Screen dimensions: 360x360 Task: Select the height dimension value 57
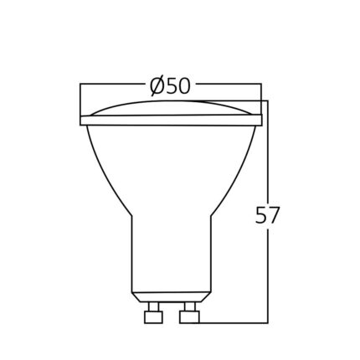pyautogui.click(x=266, y=215)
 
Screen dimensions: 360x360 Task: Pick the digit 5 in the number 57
pyautogui.click(x=259, y=215)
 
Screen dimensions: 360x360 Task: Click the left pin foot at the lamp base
pyautogui.click(x=153, y=317)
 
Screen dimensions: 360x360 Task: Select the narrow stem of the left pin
pyautogui.click(x=153, y=306)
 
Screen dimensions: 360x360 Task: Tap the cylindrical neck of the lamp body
pyautogui.click(x=172, y=251)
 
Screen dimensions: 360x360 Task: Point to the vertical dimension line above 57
pyautogui.click(x=268, y=151)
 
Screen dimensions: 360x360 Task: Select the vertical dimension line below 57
pyautogui.click(x=268, y=276)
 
